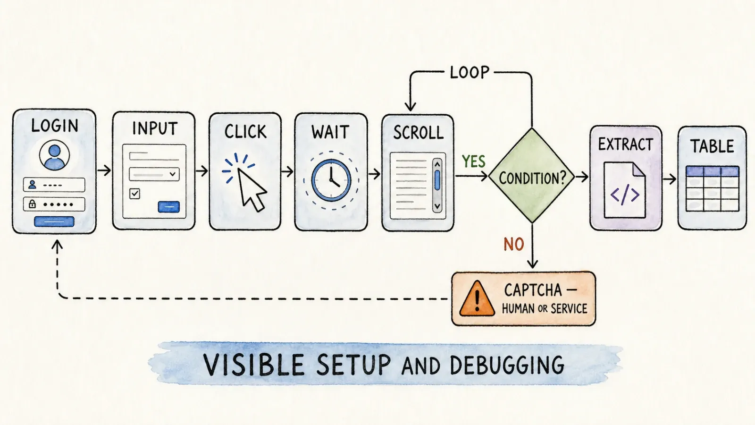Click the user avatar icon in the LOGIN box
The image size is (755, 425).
pyautogui.click(x=54, y=155)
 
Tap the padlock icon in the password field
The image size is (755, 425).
pyautogui.click(x=33, y=204)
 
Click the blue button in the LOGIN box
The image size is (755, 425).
pyautogui.click(x=54, y=221)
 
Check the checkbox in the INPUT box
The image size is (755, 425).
pyautogui.click(x=134, y=194)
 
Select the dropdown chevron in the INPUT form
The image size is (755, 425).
pyautogui.click(x=173, y=174)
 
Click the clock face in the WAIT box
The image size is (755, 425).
pyautogui.click(x=331, y=180)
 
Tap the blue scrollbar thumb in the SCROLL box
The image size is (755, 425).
pyautogui.click(x=437, y=180)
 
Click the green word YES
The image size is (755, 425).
pyautogui.click(x=474, y=161)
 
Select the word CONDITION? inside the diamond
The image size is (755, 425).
pyautogui.click(x=532, y=178)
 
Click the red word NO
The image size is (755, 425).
pyautogui.click(x=514, y=244)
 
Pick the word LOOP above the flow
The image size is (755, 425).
pyautogui.click(x=470, y=73)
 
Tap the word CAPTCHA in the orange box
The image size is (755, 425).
pyautogui.click(x=533, y=290)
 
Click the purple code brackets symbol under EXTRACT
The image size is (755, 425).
pyautogui.click(x=625, y=195)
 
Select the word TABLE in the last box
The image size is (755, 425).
pyautogui.click(x=712, y=146)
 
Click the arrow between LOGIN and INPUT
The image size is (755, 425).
pyautogui.click(x=104, y=170)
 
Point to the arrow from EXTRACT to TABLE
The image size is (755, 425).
pyautogui.click(x=670, y=179)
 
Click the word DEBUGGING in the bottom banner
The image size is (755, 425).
pyautogui.click(x=507, y=365)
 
